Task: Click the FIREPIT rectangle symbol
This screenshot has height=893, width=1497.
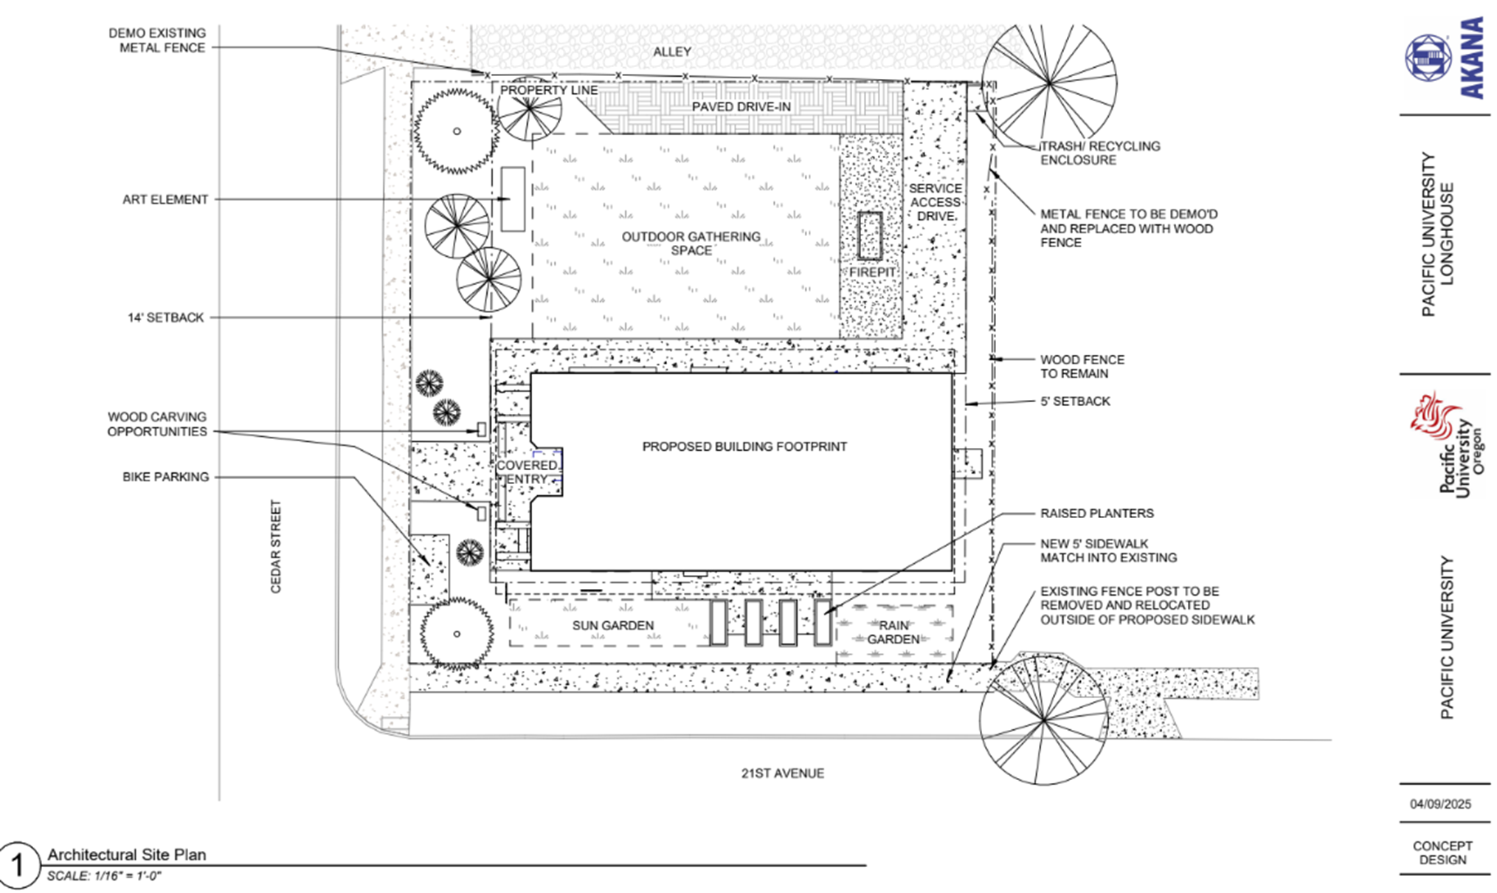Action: click(x=870, y=236)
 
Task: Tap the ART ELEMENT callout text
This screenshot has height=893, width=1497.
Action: click(x=165, y=199)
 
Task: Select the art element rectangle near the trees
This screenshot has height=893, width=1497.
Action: click(x=513, y=199)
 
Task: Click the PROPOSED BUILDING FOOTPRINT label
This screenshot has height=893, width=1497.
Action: click(x=744, y=446)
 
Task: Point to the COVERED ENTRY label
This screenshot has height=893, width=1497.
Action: click(x=527, y=472)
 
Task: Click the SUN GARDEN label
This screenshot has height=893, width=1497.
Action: click(x=612, y=625)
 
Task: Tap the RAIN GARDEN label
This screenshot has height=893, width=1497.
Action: click(x=893, y=632)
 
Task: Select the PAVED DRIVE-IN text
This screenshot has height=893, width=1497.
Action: click(x=741, y=107)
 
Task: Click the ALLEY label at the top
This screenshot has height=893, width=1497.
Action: click(x=671, y=52)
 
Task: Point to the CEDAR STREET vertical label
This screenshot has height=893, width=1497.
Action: click(x=276, y=546)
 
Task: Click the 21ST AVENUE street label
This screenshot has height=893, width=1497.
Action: click(x=782, y=773)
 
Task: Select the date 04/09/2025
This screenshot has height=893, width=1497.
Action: click(x=1440, y=804)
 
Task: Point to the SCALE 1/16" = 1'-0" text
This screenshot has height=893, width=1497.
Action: click(x=104, y=876)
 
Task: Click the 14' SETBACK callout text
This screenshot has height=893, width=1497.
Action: click(x=165, y=317)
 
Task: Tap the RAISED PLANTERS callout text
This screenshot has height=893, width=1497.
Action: click(x=1096, y=513)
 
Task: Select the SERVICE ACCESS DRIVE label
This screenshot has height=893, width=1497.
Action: click(x=935, y=202)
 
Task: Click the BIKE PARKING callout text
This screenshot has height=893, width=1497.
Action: click(x=165, y=477)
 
